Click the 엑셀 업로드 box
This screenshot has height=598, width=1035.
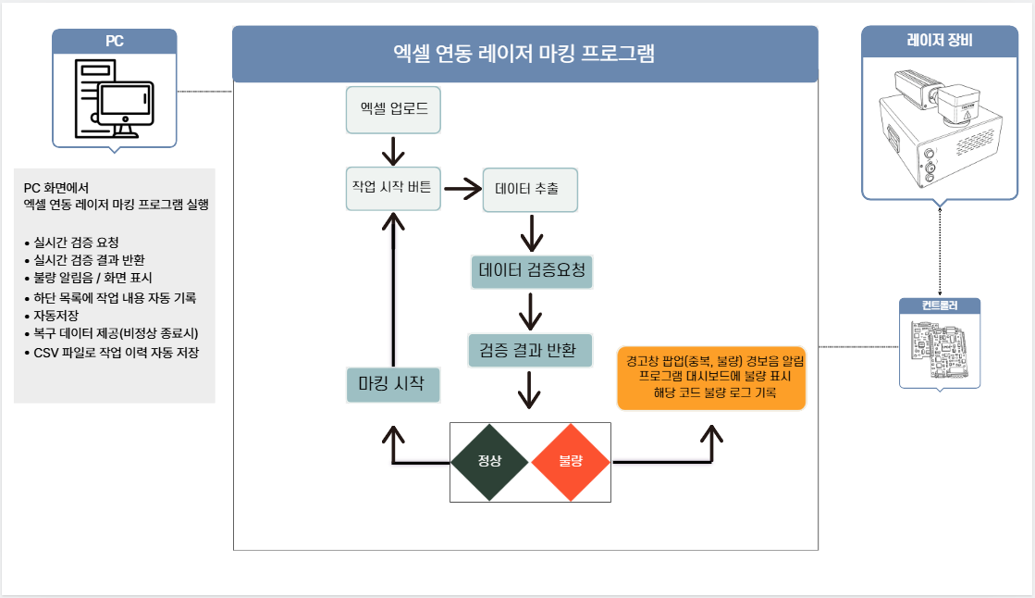pyautogui.click(x=393, y=109)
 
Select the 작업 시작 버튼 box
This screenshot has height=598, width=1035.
pyautogui.click(x=392, y=189)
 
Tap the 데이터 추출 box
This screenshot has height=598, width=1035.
pyautogui.click(x=530, y=190)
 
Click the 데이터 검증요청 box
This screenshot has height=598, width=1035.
pyautogui.click(x=531, y=271)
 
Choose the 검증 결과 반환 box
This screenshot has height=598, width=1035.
pyautogui.click(x=529, y=350)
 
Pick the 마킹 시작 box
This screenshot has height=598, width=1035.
pyautogui.click(x=392, y=384)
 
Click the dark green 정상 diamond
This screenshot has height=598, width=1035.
pyautogui.click(x=489, y=461)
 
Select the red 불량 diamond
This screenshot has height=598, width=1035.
pyautogui.click(x=571, y=461)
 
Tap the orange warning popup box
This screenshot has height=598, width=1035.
pyautogui.click(x=711, y=377)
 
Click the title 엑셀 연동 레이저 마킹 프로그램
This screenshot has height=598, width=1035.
pyautogui.click(x=524, y=54)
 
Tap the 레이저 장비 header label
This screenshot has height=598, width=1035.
pyautogui.click(x=939, y=41)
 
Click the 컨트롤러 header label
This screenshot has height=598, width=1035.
pyautogui.click(x=940, y=306)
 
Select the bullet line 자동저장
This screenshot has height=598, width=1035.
pyautogui.click(x=57, y=316)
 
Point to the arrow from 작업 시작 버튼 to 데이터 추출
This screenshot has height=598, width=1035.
pyautogui.click(x=462, y=189)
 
